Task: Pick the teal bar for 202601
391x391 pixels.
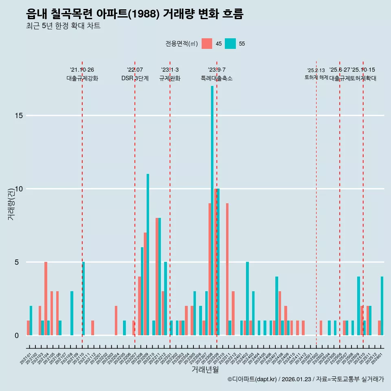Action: (x=382, y=305)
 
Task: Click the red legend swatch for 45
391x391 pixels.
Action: (x=207, y=44)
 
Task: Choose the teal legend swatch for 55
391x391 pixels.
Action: (x=230, y=44)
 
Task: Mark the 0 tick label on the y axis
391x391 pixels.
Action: (x=17, y=336)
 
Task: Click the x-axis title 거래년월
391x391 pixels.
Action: (x=205, y=370)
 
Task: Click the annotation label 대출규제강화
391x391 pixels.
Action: (x=82, y=78)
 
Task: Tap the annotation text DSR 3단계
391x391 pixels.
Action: (x=135, y=78)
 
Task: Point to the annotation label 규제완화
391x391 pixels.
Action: (x=170, y=78)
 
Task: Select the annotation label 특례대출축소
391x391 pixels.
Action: (x=217, y=78)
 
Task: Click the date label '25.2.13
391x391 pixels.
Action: (x=316, y=70)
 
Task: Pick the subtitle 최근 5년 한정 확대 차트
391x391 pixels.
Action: (x=63, y=26)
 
